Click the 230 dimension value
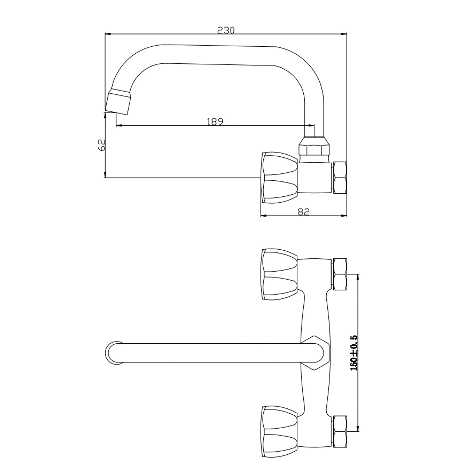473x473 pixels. click(x=226, y=30)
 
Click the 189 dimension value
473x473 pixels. click(x=215, y=122)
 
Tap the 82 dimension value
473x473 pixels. click(x=303, y=212)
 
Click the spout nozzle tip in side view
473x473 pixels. click(x=118, y=101)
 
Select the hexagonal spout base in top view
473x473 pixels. click(x=315, y=353)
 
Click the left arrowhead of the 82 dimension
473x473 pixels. click(x=264, y=216)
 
